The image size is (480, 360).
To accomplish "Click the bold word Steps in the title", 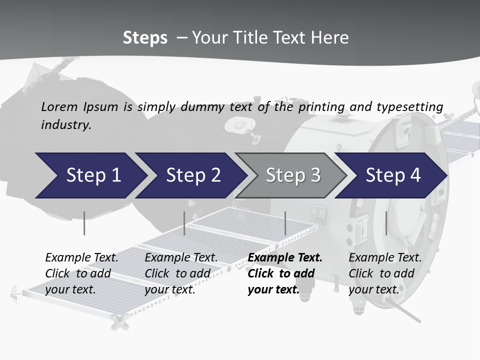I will pos(145,38).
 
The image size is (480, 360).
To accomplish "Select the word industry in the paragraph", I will pos(66,125).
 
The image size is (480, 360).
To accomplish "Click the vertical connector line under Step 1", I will pos(84,223).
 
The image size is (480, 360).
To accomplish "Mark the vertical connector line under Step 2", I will pos(184,223).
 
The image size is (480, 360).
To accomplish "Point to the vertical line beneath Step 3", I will pos(285,223).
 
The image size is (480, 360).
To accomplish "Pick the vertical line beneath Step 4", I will pos(386,223).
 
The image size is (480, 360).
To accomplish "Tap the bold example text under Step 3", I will pos(284,273).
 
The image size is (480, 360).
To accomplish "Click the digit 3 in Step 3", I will pos(315,175).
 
